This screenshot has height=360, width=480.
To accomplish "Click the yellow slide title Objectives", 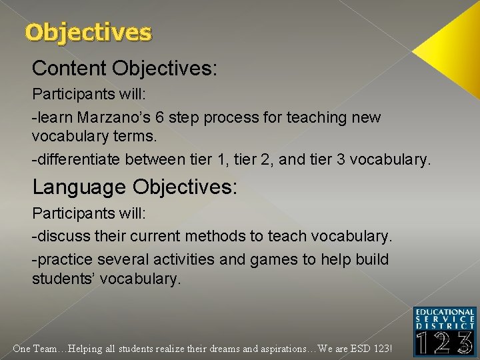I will coord(88,32).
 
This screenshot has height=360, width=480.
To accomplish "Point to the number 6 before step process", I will coord(161,117).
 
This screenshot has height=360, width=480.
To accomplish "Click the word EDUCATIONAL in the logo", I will coord(444,312).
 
